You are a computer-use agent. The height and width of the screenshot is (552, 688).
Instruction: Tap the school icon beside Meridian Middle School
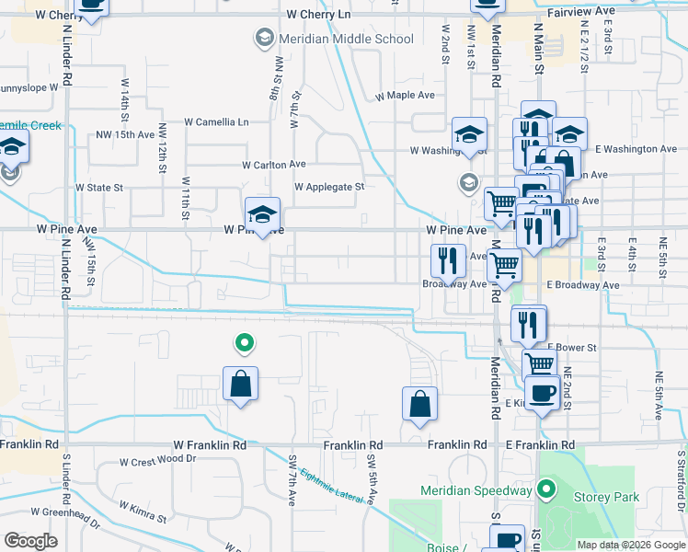[x=264, y=38]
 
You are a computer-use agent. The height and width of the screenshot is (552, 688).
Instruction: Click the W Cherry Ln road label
[x=318, y=15]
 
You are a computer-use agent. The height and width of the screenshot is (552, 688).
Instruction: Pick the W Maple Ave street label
[x=405, y=96]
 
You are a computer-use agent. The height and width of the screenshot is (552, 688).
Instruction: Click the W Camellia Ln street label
[x=216, y=121]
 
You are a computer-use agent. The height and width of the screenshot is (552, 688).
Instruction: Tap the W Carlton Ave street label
[x=273, y=165]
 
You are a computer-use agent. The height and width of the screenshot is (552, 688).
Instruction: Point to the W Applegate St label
[x=329, y=187]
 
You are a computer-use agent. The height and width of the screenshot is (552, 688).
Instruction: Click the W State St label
[x=99, y=188]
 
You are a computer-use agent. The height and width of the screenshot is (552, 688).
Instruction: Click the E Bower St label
[x=572, y=348]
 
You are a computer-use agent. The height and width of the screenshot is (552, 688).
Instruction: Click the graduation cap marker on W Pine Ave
[x=262, y=214]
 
